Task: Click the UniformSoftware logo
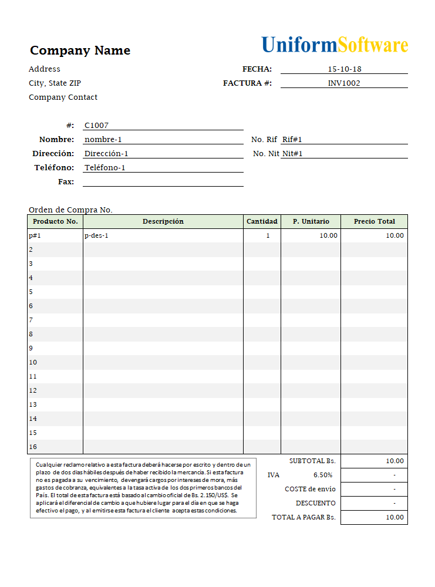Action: pos(335,45)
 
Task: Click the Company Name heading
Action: pos(80,50)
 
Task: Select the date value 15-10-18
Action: pos(344,69)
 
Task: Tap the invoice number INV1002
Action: pos(344,83)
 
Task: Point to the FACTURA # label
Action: pos(247,83)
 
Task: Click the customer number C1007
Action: pos(97,126)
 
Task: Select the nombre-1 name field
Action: pos(103,140)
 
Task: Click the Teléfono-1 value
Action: pos(105,168)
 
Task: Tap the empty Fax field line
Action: pos(163,182)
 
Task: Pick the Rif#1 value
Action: pos(292,140)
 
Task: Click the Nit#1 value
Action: pos(292,154)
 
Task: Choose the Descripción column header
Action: pos(163,222)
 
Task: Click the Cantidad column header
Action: pos(262,222)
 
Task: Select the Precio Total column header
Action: pos(374,222)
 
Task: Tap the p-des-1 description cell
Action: pos(97,236)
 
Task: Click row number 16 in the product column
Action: pos(33,447)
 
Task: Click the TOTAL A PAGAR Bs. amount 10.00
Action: pos(394,518)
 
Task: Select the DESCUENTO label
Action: pos(316,504)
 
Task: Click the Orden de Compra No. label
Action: pos(70,210)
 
